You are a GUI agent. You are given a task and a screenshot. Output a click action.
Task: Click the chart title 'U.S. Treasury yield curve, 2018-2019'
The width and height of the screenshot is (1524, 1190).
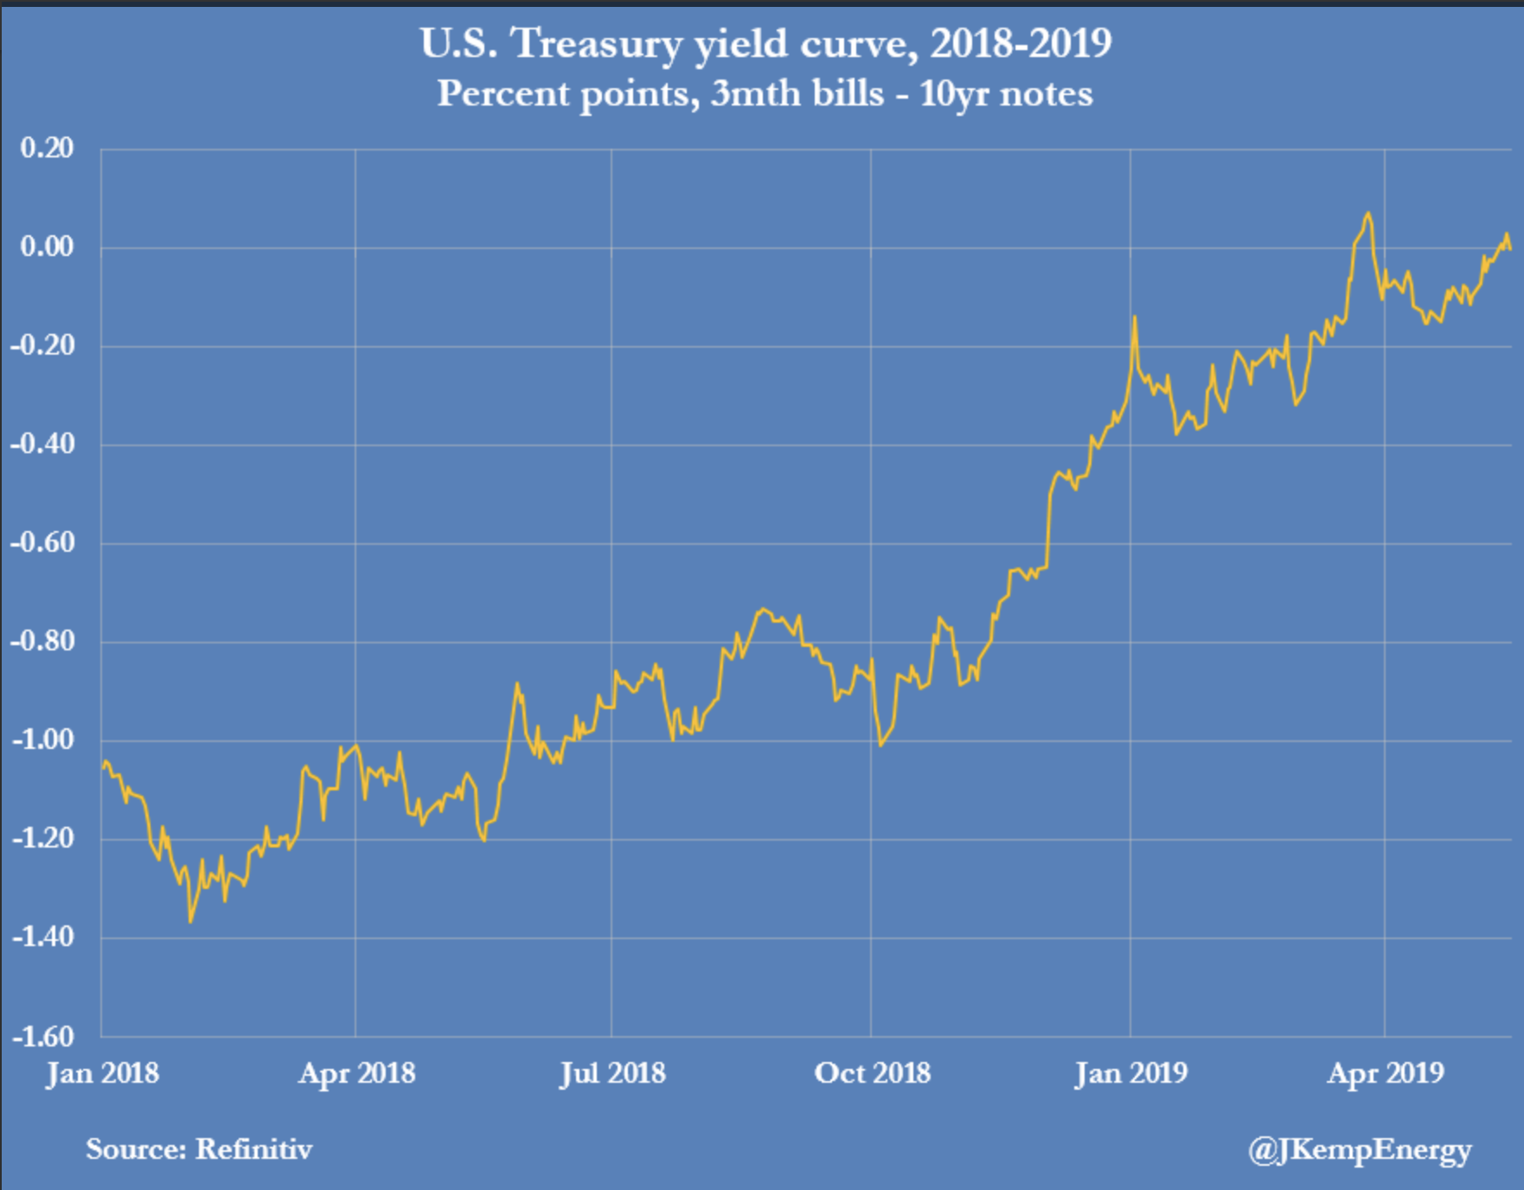765,43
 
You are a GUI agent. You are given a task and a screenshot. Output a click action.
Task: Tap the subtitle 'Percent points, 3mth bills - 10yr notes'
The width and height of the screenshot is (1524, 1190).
765,93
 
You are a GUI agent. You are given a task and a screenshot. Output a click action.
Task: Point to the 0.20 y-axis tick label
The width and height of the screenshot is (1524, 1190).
48,148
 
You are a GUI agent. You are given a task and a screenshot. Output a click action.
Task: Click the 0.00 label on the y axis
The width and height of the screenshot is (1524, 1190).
48,246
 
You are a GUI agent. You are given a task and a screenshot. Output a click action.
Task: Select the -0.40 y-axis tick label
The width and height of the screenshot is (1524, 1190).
43,444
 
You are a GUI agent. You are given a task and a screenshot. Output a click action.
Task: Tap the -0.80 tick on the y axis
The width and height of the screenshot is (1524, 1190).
43,641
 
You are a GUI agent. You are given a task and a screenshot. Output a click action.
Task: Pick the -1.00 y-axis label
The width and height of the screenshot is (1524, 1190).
43,739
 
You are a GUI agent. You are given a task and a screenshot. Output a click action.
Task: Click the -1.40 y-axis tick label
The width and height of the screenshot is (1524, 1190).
43,937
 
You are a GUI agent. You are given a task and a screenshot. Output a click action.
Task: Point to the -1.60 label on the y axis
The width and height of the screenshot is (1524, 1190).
43,1035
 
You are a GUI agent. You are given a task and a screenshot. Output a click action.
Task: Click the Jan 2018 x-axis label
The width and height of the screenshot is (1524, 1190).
102,1073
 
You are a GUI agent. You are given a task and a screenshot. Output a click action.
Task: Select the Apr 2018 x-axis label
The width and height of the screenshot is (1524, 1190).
356,1073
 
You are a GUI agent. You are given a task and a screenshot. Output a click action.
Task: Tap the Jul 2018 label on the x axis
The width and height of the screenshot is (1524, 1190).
612,1073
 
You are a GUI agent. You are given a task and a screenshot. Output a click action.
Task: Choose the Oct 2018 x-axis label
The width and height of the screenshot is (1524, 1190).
872,1073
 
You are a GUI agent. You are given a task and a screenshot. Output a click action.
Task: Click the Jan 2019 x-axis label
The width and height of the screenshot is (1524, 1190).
1130,1073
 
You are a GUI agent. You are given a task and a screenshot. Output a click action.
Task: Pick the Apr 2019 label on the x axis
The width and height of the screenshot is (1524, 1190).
1386,1073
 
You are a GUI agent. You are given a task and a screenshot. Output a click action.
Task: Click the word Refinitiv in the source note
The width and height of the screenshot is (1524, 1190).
253,1149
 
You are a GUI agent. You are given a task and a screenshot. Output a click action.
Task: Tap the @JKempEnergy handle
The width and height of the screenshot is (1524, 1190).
1359,1149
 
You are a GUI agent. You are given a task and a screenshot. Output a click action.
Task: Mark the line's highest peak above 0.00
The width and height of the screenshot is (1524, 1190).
1367,214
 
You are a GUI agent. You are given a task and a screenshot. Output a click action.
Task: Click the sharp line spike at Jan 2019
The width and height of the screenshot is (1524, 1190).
1134,317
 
